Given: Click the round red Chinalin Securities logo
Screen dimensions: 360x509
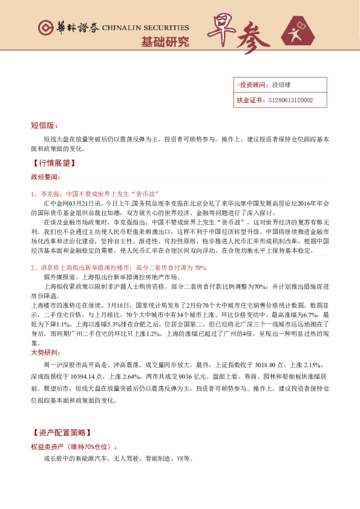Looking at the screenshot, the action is coord(44,28).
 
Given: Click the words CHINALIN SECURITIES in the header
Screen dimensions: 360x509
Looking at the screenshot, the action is coord(145,28).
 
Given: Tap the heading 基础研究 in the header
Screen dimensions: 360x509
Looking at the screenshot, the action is coord(165,42).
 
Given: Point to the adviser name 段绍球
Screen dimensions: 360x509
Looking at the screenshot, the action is coord(282,85).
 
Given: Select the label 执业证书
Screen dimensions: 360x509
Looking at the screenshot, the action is coord(248,100).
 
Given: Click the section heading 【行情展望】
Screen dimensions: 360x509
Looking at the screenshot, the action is coord(53,163).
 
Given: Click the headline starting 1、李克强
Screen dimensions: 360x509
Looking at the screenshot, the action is coord(94,194).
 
